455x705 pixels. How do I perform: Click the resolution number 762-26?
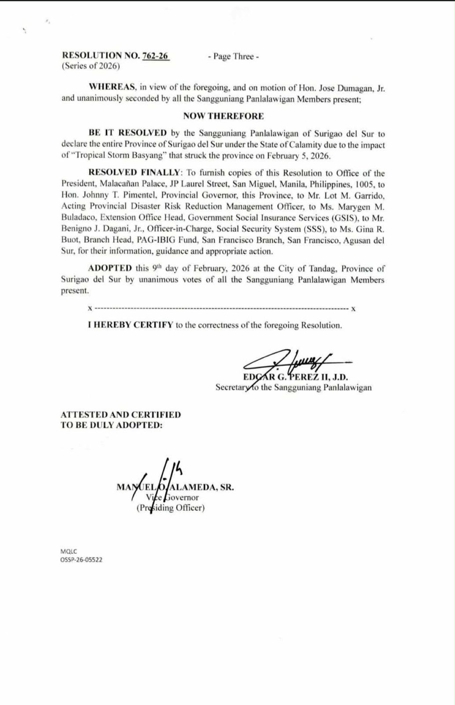point(155,56)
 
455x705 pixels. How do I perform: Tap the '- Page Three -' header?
point(233,57)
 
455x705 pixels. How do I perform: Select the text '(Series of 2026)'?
point(91,66)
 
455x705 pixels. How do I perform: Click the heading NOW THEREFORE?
point(223,116)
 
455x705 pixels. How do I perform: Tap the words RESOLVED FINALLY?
point(134,173)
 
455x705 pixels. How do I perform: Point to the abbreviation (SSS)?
point(313,229)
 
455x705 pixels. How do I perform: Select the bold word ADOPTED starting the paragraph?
point(110,268)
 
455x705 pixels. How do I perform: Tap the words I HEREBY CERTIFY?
point(131,325)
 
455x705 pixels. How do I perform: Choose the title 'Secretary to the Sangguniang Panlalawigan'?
point(293,387)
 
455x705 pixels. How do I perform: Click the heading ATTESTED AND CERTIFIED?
point(121,415)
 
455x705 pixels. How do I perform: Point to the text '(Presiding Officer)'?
point(171,508)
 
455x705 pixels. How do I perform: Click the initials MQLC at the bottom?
point(69,552)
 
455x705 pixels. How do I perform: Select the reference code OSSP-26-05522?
point(81,560)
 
